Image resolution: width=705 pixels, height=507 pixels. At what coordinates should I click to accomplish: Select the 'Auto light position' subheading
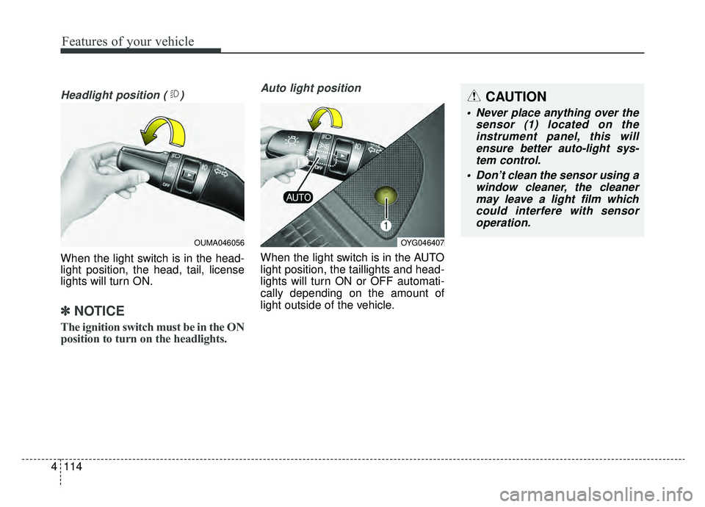311,87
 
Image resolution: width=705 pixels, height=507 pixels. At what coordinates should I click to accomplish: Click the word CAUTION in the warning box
516,97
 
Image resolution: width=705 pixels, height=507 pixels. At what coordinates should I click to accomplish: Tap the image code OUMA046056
219,242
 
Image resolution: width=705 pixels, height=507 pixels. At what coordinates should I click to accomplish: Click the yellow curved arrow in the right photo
329,120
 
